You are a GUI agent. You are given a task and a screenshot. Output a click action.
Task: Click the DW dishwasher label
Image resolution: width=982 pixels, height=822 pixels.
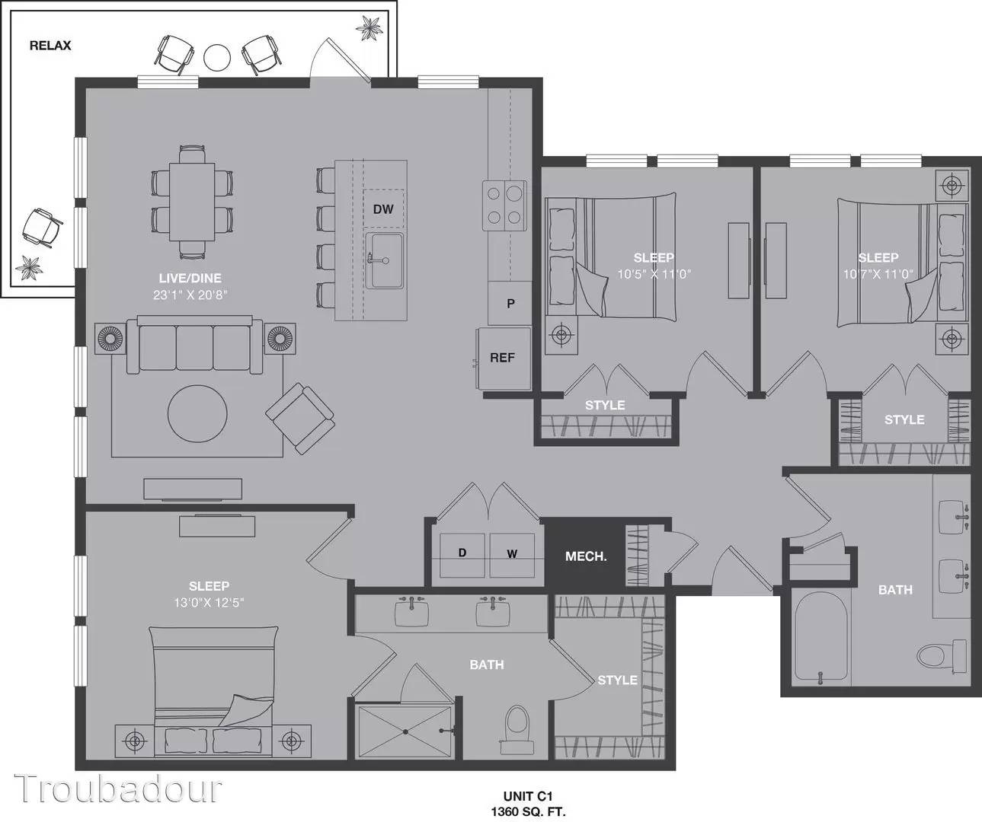coord(383,209)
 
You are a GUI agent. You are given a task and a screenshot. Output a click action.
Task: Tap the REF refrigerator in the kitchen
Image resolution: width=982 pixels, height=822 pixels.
coord(504,358)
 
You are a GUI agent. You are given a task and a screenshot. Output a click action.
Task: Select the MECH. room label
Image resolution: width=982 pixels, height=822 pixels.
coord(586,556)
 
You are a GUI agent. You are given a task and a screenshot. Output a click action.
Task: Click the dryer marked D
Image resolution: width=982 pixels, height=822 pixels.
coord(462,556)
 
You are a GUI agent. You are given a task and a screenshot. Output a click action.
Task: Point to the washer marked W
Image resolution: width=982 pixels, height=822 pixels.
coord(512,556)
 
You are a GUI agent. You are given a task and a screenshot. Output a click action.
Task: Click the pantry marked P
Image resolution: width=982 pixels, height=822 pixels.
coord(510,304)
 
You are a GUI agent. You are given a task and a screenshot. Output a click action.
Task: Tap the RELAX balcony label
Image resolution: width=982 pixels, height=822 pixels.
coord(50,46)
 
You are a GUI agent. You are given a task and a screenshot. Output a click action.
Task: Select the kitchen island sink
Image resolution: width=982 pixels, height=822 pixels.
coord(385,260)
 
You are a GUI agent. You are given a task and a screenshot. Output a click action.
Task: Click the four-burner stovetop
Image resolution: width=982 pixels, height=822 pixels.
coord(504,205)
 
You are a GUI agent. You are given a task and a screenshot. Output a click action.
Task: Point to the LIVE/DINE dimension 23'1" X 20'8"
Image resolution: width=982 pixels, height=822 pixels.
coord(190,295)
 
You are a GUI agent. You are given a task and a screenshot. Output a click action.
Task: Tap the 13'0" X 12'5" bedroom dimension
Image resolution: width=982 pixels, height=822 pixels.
coord(209,603)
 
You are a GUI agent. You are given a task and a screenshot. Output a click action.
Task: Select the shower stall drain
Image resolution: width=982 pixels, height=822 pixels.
coord(405,731)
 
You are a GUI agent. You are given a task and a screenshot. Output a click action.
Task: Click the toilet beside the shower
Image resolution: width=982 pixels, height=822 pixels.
coord(517,731)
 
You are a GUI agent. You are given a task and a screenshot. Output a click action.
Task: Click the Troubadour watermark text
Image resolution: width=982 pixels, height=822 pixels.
coord(117,789)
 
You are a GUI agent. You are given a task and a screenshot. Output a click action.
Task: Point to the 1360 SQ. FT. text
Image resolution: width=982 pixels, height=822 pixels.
coord(528,811)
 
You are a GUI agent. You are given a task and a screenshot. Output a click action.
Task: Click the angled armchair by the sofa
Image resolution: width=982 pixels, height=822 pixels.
coord(300,419)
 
